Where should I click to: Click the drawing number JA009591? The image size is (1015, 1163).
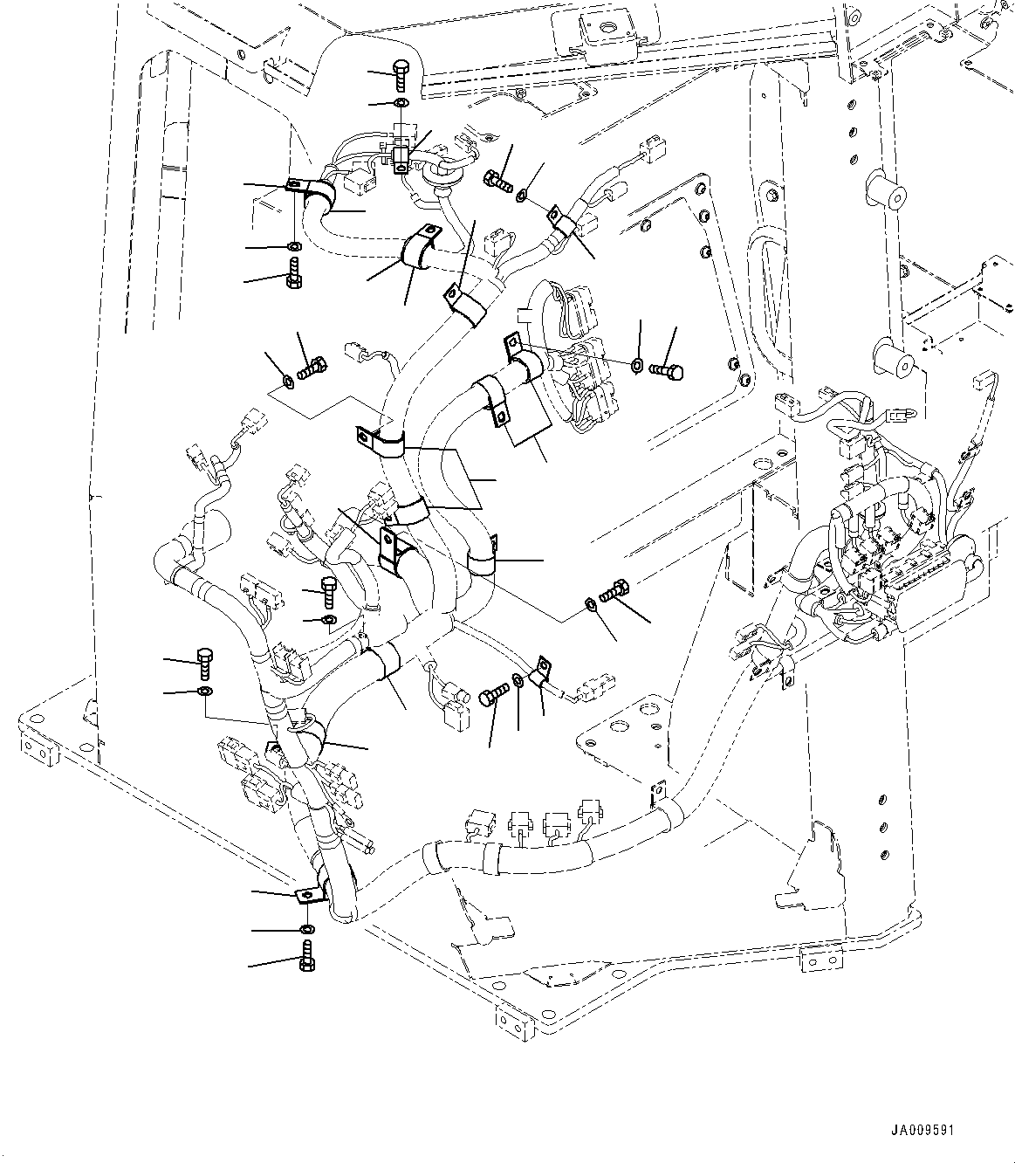pos(922,1129)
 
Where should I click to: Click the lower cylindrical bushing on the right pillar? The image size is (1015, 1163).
pos(891,359)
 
